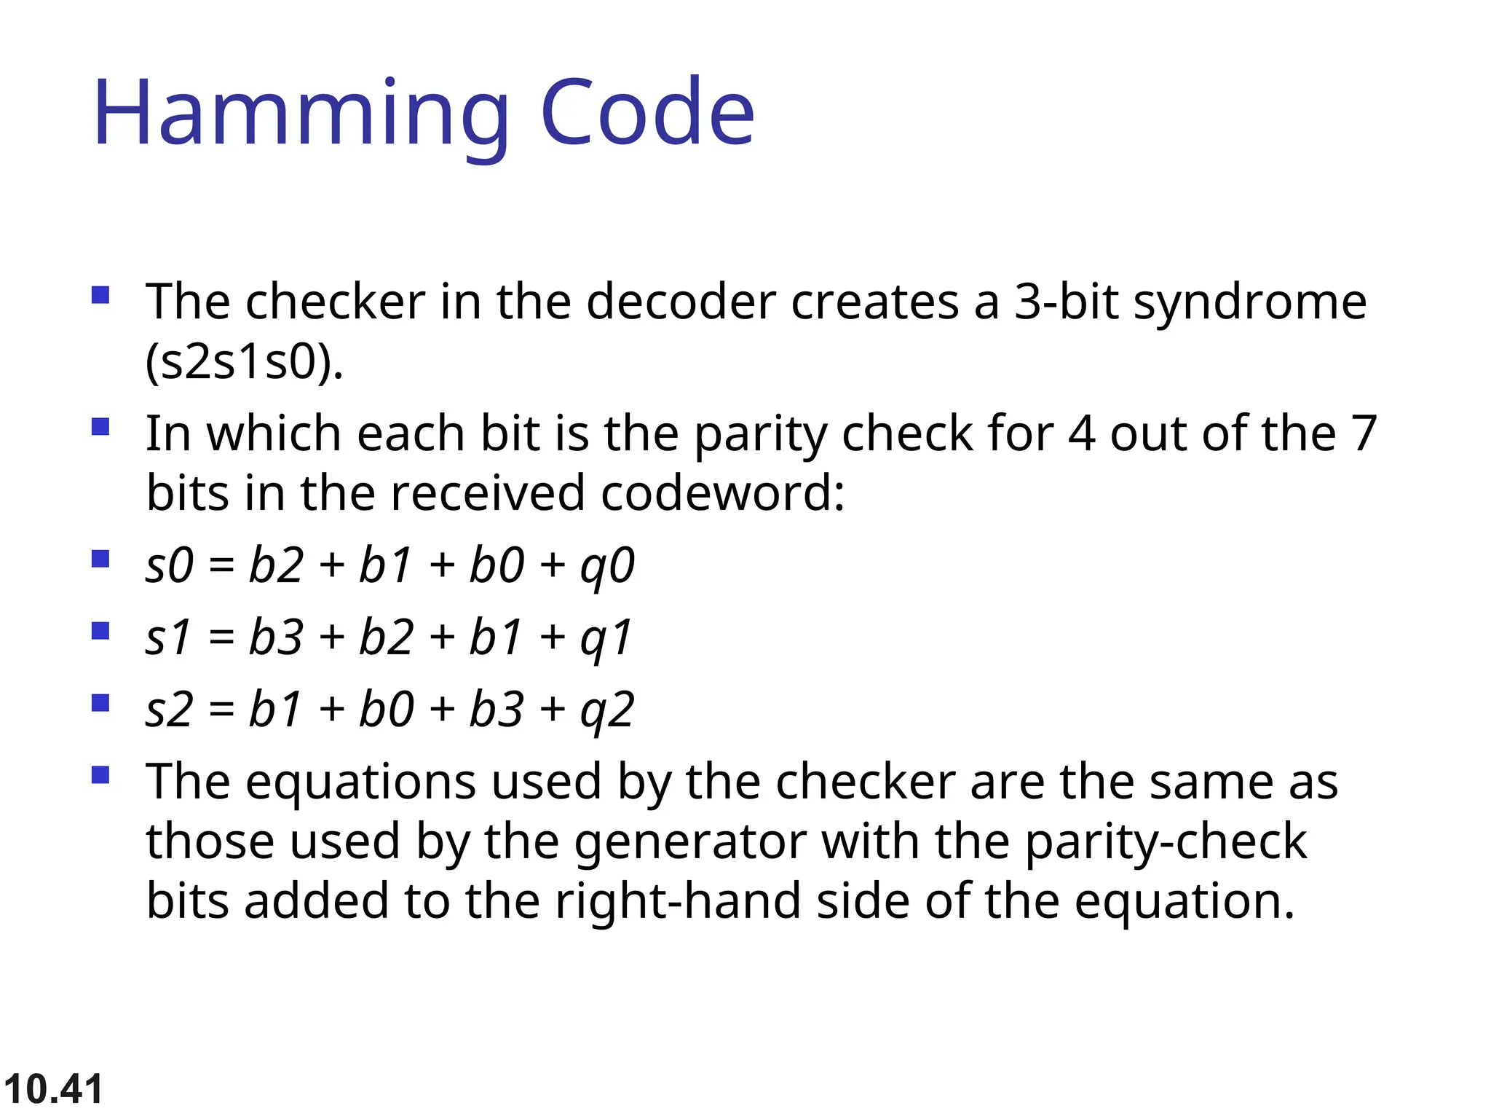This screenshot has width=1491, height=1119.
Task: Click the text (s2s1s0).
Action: (x=244, y=362)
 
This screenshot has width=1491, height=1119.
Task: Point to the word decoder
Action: (x=681, y=302)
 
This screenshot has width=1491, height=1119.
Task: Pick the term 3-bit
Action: (x=1066, y=302)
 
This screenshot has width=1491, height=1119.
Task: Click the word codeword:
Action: (x=722, y=493)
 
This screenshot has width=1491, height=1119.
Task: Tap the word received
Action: (x=487, y=493)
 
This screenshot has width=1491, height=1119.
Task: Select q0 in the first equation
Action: (x=607, y=566)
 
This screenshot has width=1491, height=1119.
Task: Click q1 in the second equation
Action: (x=606, y=638)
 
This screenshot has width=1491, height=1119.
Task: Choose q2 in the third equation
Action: (x=607, y=710)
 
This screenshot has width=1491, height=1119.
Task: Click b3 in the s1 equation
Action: (x=276, y=637)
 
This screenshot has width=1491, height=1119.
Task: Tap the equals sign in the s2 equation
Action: (x=221, y=710)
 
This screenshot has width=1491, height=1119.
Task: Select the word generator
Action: (x=690, y=842)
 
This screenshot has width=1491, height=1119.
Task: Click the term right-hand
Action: (x=676, y=902)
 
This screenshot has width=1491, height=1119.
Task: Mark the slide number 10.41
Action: (x=53, y=1089)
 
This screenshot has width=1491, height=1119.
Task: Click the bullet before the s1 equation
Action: (x=100, y=630)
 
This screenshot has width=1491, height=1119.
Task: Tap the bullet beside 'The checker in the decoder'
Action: (x=100, y=295)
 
